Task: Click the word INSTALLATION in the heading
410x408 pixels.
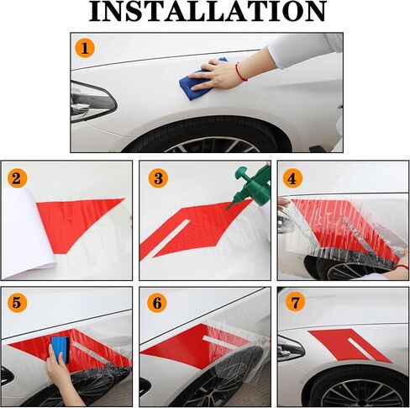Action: [208, 11]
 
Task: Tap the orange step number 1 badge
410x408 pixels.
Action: [85, 48]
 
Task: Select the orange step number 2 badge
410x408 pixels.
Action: [17, 178]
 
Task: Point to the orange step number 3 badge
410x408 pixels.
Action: [158, 178]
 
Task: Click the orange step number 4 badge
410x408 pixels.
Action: [292, 178]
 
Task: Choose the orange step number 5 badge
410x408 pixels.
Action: [17, 303]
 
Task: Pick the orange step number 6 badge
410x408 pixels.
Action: [157, 303]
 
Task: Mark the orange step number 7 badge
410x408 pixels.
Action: [295, 302]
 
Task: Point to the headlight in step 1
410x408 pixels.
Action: [92, 102]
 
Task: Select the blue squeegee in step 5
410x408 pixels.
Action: [60, 350]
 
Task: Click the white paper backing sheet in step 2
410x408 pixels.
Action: [27, 234]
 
